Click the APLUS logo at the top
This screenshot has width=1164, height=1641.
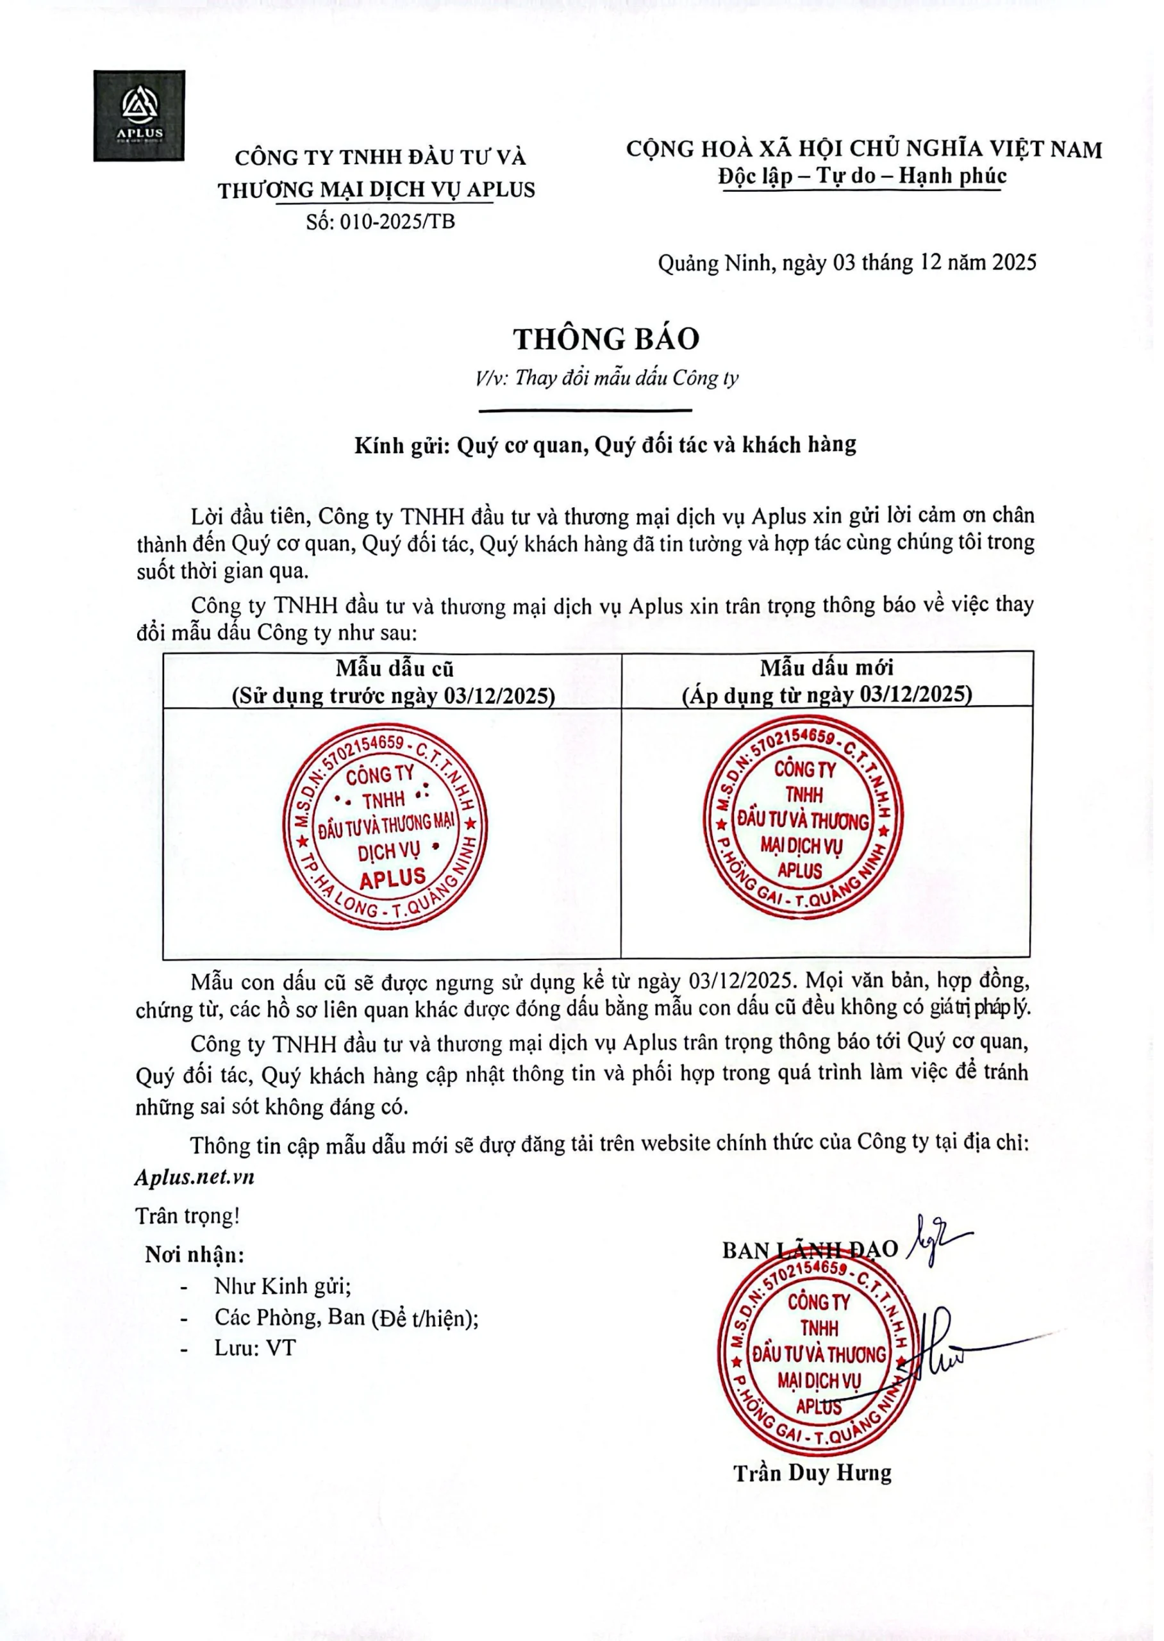pyautogui.click(x=139, y=115)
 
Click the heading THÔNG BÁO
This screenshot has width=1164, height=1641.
pyautogui.click(x=606, y=338)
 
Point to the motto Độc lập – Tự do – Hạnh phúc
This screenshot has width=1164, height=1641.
pyautogui.click(x=862, y=176)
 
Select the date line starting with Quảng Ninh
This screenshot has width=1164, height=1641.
pyautogui.click(x=847, y=263)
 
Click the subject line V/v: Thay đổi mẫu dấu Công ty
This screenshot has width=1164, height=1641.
pyautogui.click(x=606, y=378)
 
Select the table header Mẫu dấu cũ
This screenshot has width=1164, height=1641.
pyautogui.click(x=394, y=669)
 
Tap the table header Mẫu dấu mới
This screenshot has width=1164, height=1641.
pyautogui.click(x=826, y=668)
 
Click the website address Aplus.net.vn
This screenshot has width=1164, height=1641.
pyautogui.click(x=194, y=1177)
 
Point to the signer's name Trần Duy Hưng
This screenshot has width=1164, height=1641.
pyautogui.click(x=812, y=1472)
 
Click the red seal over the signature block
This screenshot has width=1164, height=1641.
pyautogui.click(x=819, y=1354)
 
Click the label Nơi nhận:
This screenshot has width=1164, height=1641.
pyautogui.click(x=195, y=1254)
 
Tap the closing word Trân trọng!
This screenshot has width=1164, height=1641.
pyautogui.click(x=188, y=1215)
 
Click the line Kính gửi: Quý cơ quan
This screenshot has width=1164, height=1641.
pyautogui.click(x=605, y=445)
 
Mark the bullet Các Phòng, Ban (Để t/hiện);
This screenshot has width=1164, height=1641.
pyautogui.click(x=346, y=1317)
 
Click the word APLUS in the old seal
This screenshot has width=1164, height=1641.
pyautogui.click(x=393, y=879)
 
